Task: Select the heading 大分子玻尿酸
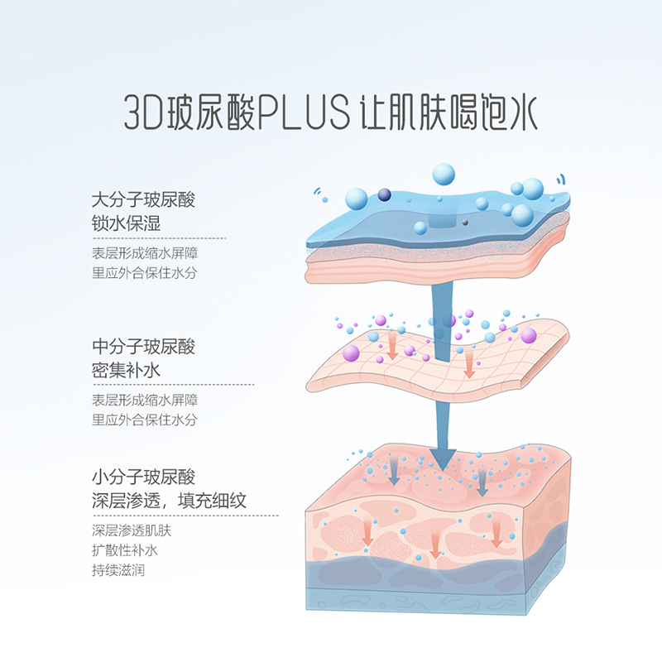[143, 199]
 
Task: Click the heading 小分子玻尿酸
[143, 477]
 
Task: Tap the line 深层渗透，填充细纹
[169, 501]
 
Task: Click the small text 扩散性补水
[124, 550]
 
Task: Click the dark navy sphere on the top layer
[384, 194]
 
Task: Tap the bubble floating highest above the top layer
[444, 174]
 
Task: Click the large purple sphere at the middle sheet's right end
[528, 335]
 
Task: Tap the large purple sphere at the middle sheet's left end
[350, 353]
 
